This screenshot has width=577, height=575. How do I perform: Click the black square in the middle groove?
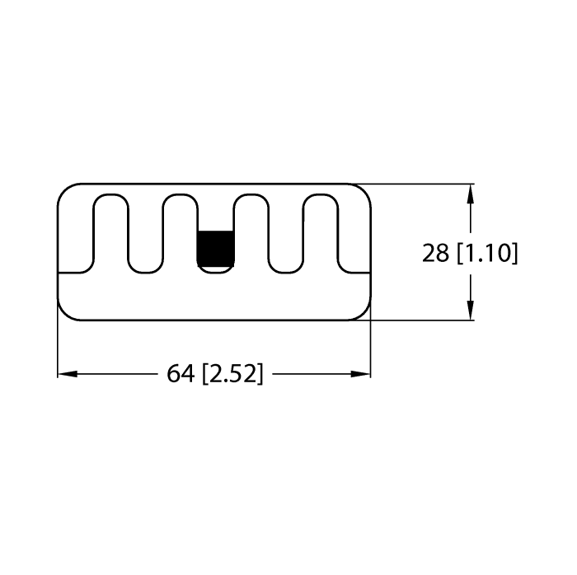[x=215, y=246]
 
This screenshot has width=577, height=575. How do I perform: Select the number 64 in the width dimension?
[x=181, y=374]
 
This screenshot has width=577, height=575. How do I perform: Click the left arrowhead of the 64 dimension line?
[x=67, y=374]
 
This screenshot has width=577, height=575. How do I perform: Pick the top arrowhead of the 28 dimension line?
[x=470, y=194]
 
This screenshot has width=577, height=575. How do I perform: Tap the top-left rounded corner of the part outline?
[x=63, y=190]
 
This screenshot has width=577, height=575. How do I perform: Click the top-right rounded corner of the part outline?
[x=364, y=190]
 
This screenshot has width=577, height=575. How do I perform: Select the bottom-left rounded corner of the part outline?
[x=63, y=314]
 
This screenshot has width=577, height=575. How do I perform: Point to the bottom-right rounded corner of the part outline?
[x=364, y=314]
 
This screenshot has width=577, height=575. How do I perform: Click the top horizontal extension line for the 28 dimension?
[x=420, y=183]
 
